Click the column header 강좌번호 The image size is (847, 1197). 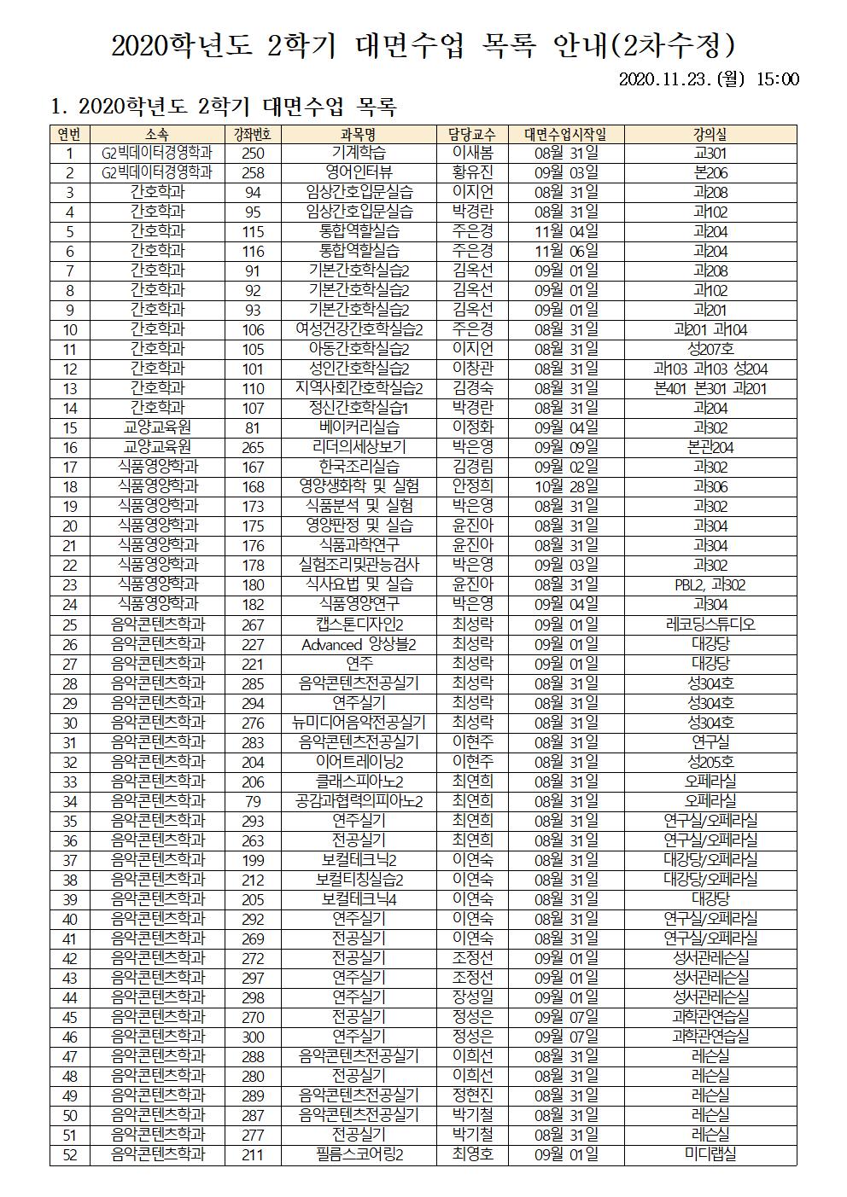pos(253,134)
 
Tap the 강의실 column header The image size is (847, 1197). pos(710,134)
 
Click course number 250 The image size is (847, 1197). pos(253,154)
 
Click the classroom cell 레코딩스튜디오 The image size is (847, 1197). pos(710,625)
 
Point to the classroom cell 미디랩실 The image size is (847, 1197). pos(710,1154)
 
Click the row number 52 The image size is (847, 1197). pos(70,1154)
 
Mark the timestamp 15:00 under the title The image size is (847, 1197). pos(778,79)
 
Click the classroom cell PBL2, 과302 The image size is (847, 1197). pos(710,585)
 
